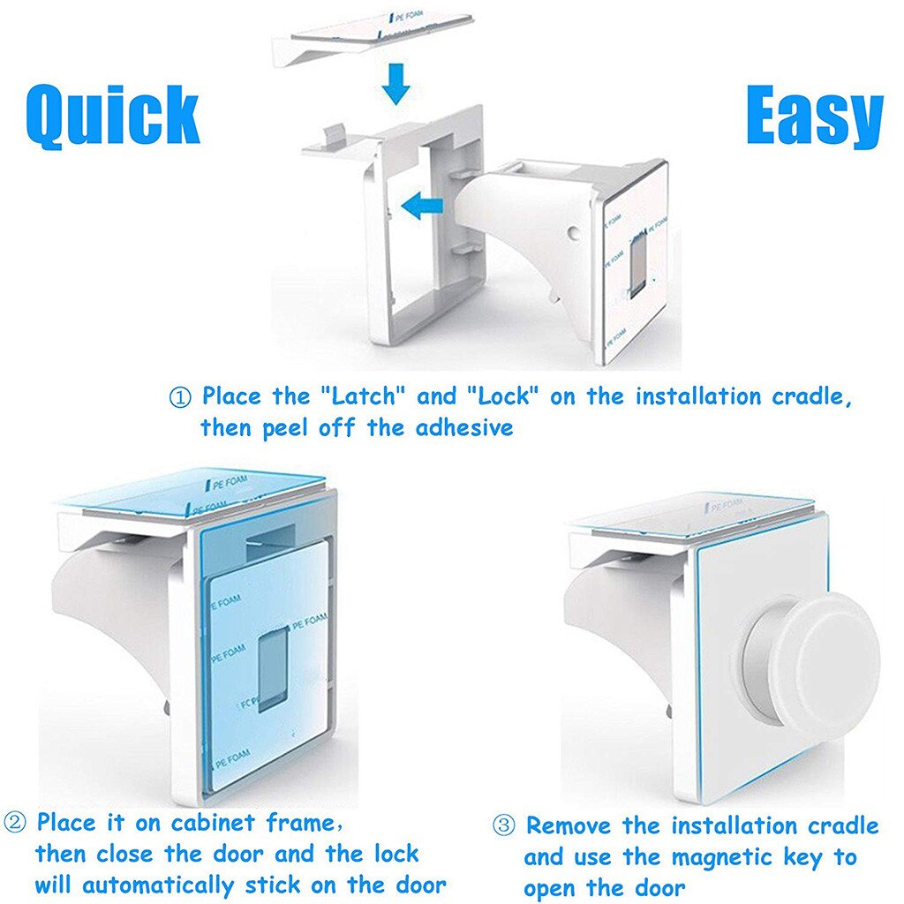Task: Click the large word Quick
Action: click(x=113, y=116)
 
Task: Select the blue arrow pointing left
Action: click(x=422, y=207)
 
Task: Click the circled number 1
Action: click(x=180, y=397)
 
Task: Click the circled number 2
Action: click(x=15, y=822)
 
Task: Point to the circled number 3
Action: click(x=503, y=825)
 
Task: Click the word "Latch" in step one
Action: click(x=364, y=396)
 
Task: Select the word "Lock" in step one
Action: click(x=501, y=396)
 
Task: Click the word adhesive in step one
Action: click(x=464, y=428)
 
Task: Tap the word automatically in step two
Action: click(x=158, y=885)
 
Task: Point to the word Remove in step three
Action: click(x=568, y=825)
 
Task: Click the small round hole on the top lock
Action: click(x=572, y=233)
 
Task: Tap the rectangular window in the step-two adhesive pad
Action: click(x=274, y=670)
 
